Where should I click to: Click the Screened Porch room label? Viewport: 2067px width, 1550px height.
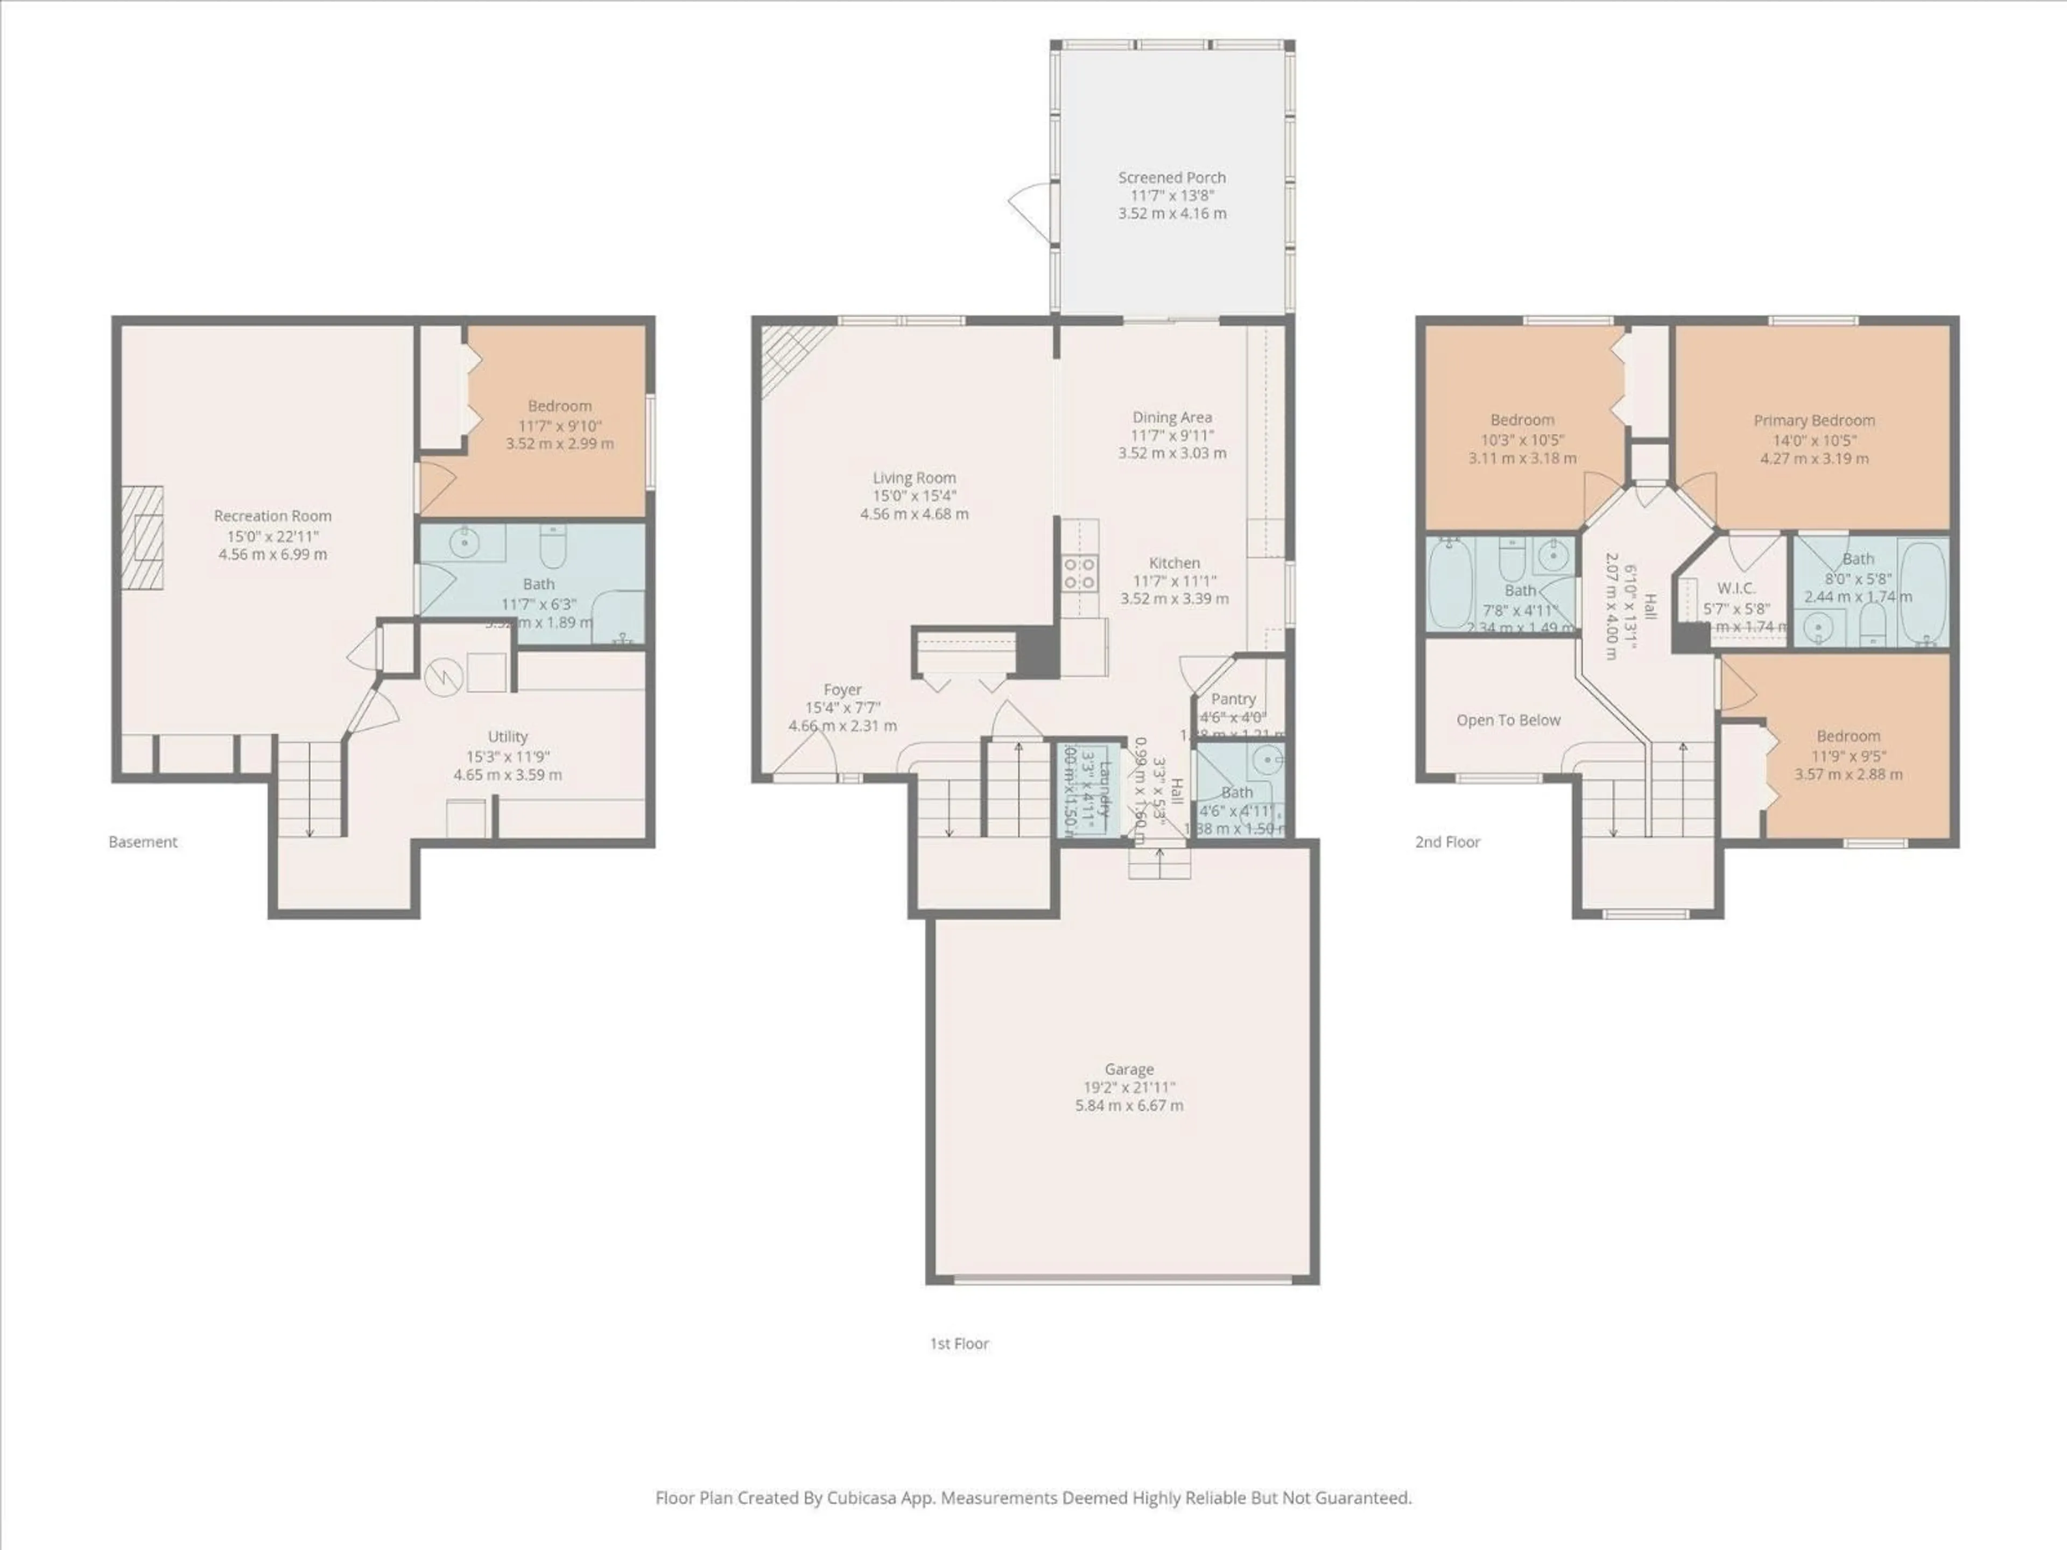pyautogui.click(x=1172, y=178)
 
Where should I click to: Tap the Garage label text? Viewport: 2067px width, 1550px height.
pyautogui.click(x=1129, y=1069)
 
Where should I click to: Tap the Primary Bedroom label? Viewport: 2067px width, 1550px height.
pyautogui.click(x=1814, y=420)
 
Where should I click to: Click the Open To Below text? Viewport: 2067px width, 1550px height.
pyautogui.click(x=1508, y=720)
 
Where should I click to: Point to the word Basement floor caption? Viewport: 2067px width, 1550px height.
pyautogui.click(x=143, y=842)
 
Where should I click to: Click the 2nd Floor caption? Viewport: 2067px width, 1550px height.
pyautogui.click(x=1447, y=842)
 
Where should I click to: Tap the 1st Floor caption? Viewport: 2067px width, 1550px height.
pyautogui.click(x=959, y=1343)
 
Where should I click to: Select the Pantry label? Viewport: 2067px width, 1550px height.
pyautogui.click(x=1233, y=699)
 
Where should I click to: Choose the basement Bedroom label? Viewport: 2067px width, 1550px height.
pyautogui.click(x=560, y=405)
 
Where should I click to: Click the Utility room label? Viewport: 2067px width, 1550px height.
pyautogui.click(x=508, y=736)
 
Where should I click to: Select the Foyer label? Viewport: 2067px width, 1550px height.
pyautogui.click(x=842, y=689)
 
